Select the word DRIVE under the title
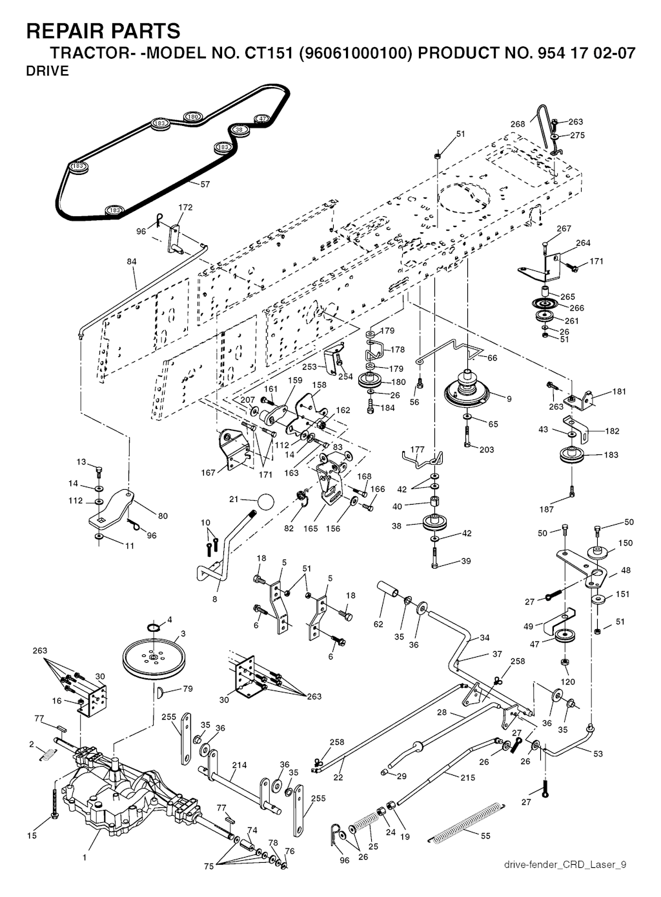point(47,72)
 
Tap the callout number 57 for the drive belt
point(205,185)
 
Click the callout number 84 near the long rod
point(132,262)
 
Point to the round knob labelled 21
point(265,501)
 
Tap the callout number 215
point(468,778)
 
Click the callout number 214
point(239,765)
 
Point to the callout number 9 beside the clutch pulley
point(509,399)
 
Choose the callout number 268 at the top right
point(518,125)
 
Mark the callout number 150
point(625,543)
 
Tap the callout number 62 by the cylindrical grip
point(379,624)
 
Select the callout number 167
point(208,473)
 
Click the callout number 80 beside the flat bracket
point(163,516)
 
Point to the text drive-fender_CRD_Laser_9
point(565,865)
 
